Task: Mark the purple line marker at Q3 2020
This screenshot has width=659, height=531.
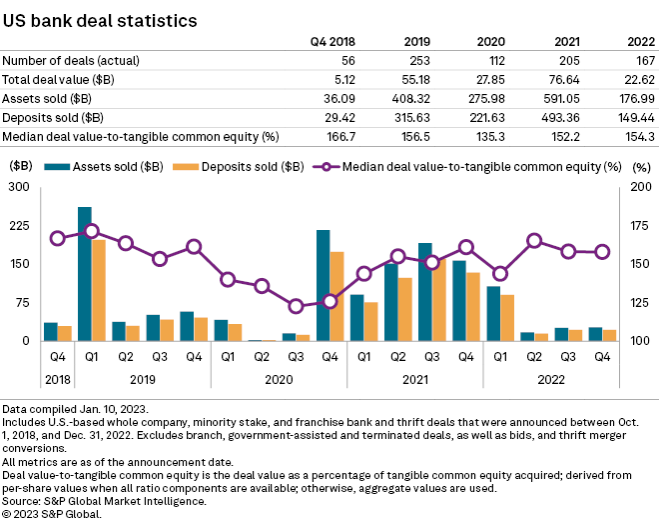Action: tap(296, 306)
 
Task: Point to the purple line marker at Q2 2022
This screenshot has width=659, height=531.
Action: tap(535, 240)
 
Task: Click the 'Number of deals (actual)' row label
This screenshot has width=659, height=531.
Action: tap(67, 60)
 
